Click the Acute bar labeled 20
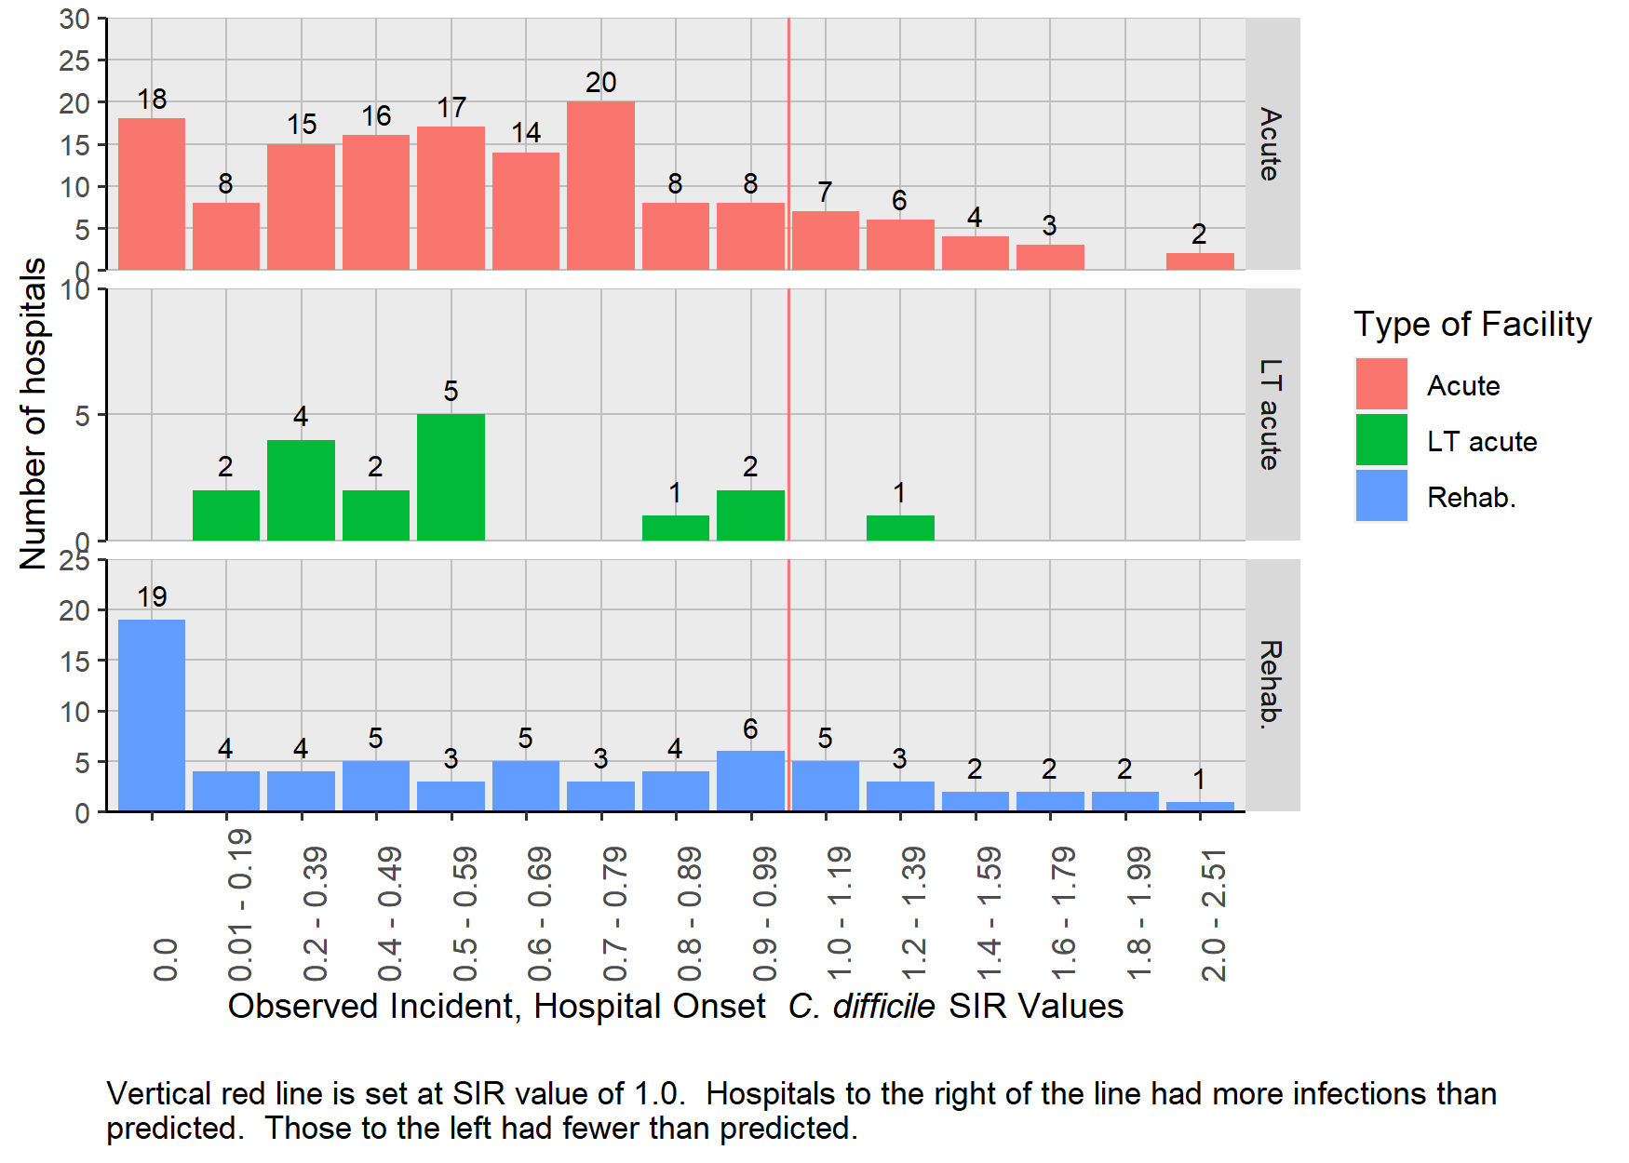point(600,186)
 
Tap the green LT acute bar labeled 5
point(451,476)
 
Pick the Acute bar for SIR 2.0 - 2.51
point(1200,261)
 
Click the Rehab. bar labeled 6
point(750,781)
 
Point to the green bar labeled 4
point(301,489)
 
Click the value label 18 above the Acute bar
point(152,99)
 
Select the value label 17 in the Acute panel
point(451,107)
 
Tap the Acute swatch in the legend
point(1381,384)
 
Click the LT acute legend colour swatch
point(1381,440)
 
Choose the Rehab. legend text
point(1472,498)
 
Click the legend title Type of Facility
point(1473,324)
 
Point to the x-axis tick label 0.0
point(166,959)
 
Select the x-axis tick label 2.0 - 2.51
point(1214,916)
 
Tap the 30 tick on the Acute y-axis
point(74,19)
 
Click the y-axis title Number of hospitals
point(34,414)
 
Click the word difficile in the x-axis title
point(883,1007)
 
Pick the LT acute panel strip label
point(1272,414)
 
